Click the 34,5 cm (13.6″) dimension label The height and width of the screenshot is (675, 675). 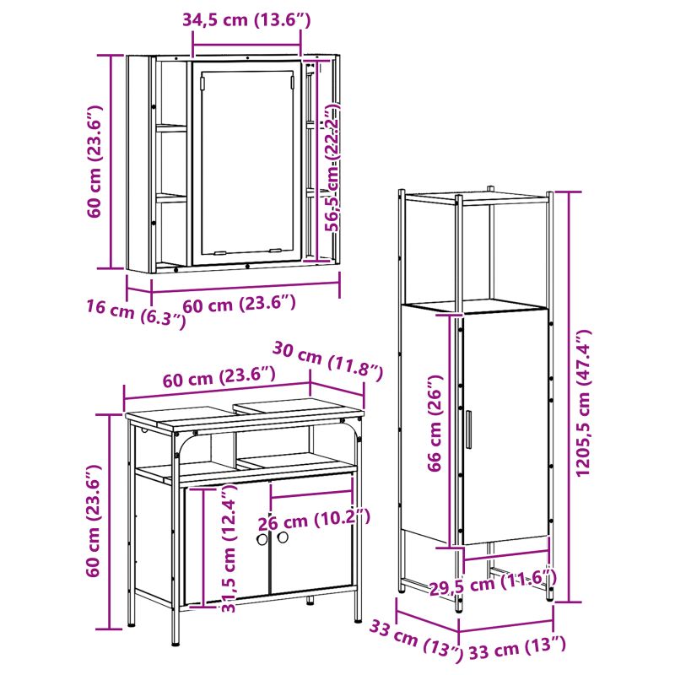point(246,20)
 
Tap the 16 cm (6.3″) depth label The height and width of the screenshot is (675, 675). point(137,313)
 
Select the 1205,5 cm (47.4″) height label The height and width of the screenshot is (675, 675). point(584,403)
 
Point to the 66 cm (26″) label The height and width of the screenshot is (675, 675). point(435,424)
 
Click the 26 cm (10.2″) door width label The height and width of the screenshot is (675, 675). point(314,520)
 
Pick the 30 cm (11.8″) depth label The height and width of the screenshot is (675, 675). point(327,362)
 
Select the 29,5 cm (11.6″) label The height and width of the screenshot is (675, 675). point(494,582)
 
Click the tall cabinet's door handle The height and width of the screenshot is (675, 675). point(468,429)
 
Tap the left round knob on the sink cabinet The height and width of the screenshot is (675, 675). point(262,539)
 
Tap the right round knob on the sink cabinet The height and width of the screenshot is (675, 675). point(283,537)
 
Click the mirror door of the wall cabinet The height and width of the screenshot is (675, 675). point(246,162)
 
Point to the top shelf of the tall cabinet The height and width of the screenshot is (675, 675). point(476,199)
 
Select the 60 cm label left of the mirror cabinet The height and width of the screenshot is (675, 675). point(94,161)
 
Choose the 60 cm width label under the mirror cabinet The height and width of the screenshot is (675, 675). point(240,305)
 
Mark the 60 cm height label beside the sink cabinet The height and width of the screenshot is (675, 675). point(93,521)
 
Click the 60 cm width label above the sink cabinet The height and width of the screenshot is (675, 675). point(219,376)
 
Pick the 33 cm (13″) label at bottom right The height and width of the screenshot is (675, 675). point(516,648)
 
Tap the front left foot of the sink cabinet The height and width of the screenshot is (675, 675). point(175,641)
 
